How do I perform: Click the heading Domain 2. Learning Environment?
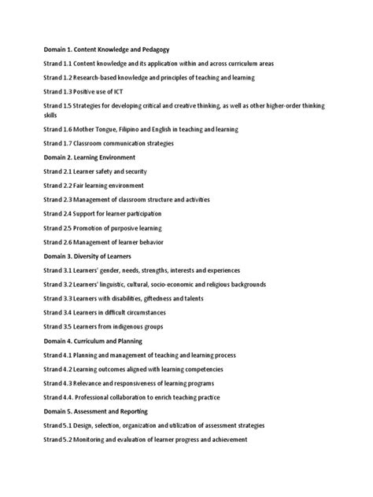[97, 156]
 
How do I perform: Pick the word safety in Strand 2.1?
[106, 171]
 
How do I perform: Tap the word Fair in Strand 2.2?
[83, 185]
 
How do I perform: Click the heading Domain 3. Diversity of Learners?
[98, 255]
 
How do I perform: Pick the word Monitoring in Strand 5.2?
[100, 439]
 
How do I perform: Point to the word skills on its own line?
[50, 116]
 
